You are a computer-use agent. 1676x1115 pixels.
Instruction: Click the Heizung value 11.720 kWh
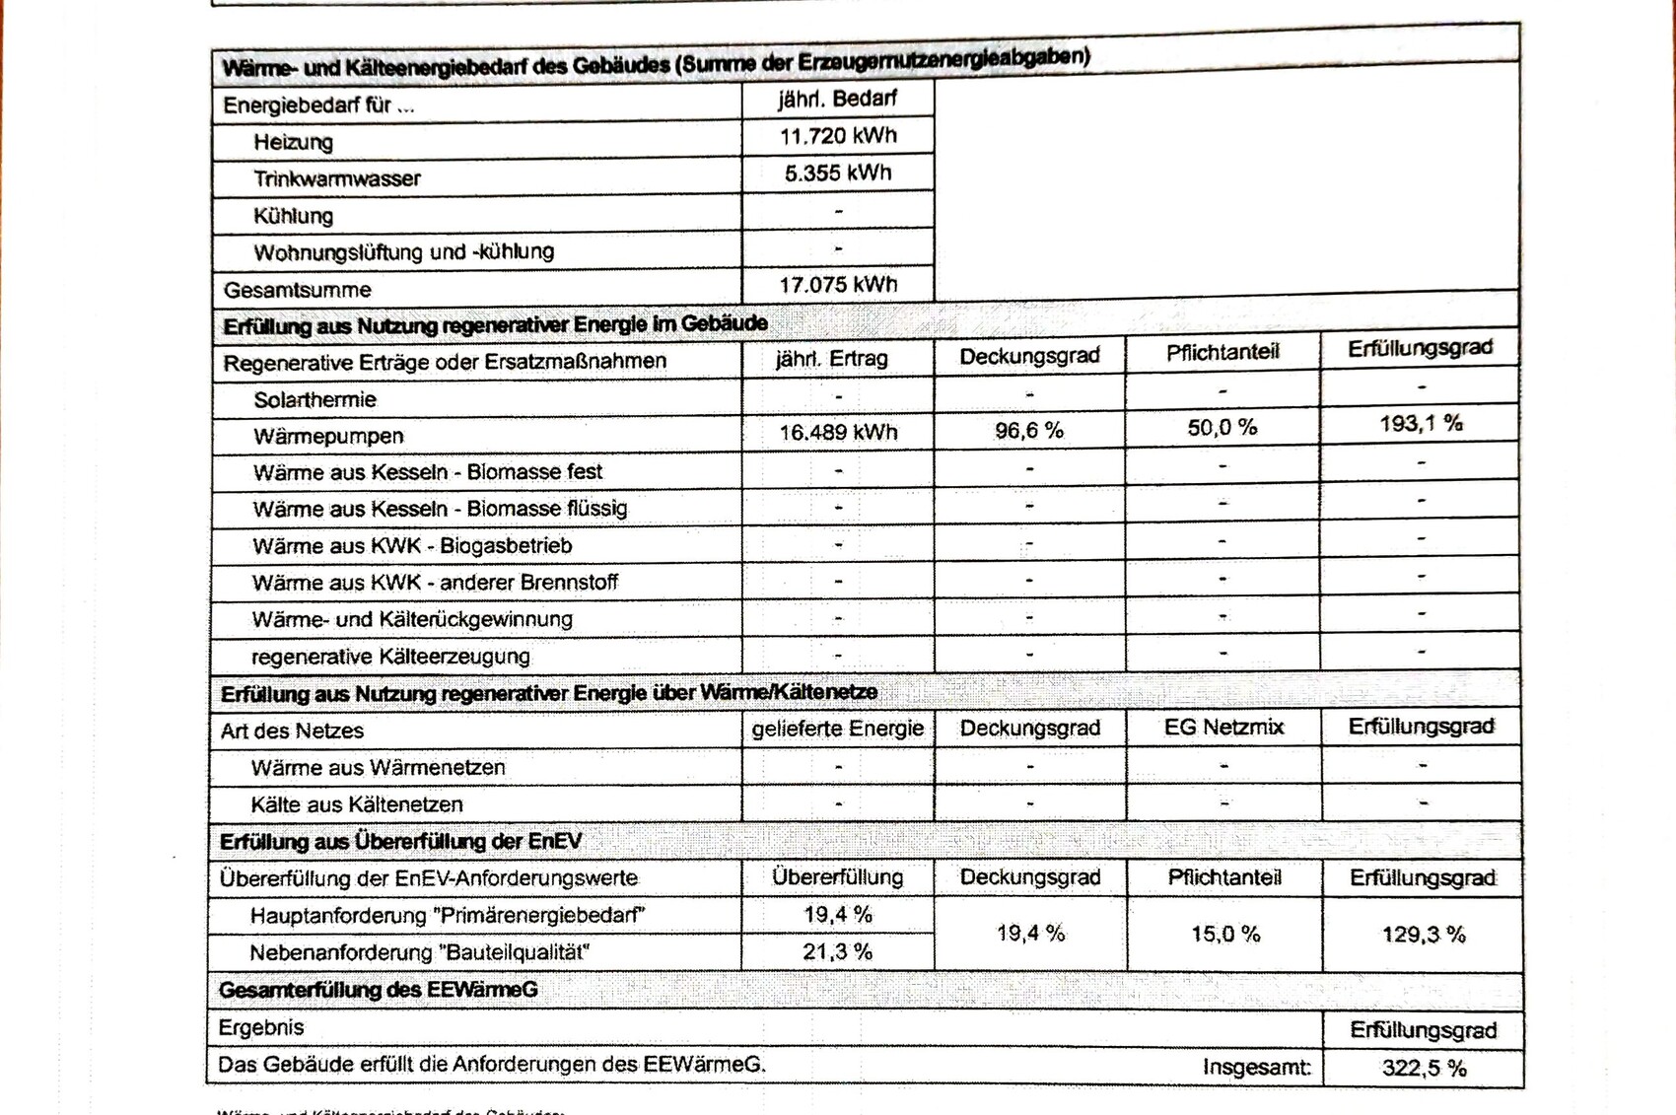tap(838, 136)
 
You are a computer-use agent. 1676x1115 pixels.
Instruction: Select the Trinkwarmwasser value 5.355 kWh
tap(838, 174)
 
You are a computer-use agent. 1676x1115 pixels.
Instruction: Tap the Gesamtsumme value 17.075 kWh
tap(838, 285)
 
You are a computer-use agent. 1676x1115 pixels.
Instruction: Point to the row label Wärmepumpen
tap(328, 436)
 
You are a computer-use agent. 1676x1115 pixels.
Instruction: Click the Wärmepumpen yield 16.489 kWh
tap(838, 432)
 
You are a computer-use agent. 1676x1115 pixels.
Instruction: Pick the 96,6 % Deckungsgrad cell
tap(1029, 431)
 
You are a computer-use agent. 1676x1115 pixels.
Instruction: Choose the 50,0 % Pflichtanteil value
tap(1222, 428)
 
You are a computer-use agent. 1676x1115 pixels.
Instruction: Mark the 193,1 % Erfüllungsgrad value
tap(1421, 424)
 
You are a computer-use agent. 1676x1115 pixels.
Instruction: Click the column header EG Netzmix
tap(1223, 728)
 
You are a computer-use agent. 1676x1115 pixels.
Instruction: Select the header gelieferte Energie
tap(838, 729)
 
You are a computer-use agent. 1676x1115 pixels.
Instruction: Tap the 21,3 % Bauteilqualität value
tap(838, 951)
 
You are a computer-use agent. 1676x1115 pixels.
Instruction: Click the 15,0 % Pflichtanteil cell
tap(1225, 934)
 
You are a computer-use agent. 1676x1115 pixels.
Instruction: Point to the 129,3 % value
tap(1424, 935)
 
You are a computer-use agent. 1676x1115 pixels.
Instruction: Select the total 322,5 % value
tap(1424, 1068)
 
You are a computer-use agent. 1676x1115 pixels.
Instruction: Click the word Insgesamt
tap(1257, 1067)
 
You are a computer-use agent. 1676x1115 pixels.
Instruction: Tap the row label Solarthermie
tap(314, 399)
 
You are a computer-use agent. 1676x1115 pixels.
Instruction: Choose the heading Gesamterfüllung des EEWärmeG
tap(379, 990)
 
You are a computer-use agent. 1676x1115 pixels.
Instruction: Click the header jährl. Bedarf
tap(837, 99)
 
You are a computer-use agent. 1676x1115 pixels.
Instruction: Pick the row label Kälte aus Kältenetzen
tap(357, 804)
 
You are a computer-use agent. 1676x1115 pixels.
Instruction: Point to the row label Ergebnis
tap(261, 1027)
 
